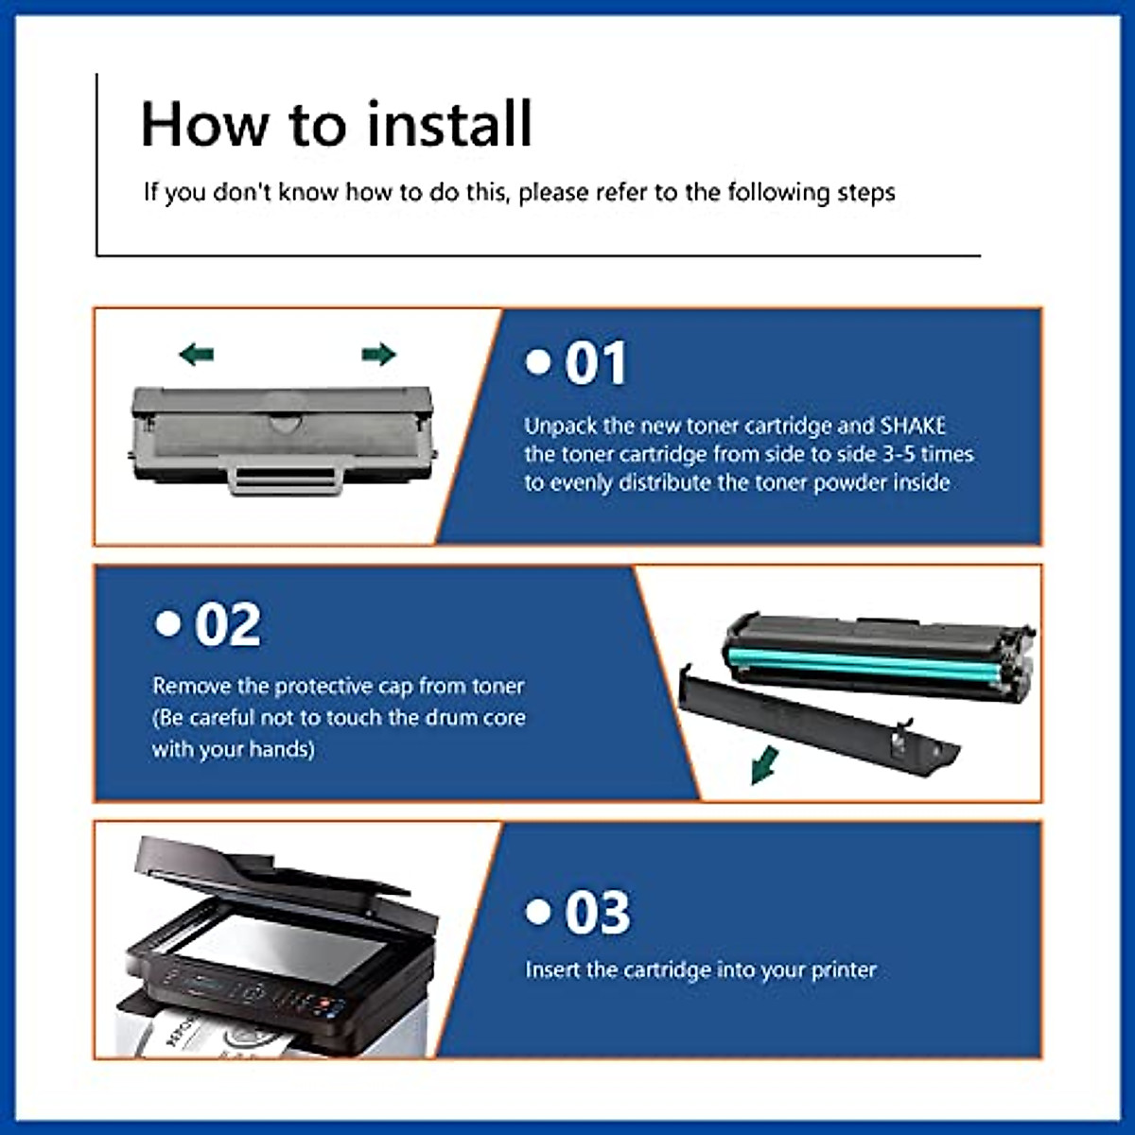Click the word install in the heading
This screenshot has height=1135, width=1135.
(x=449, y=125)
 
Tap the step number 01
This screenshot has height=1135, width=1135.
(x=595, y=364)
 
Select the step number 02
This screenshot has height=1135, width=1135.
(x=227, y=625)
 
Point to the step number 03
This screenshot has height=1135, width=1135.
(x=597, y=913)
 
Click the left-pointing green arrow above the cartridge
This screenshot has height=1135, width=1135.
(x=196, y=355)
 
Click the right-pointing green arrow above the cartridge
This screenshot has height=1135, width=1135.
(x=378, y=354)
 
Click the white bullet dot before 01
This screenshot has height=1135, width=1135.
(x=538, y=361)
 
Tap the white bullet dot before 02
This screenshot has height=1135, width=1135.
(x=167, y=622)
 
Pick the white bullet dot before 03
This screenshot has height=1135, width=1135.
(x=538, y=911)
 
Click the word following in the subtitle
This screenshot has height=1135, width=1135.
(x=777, y=193)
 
